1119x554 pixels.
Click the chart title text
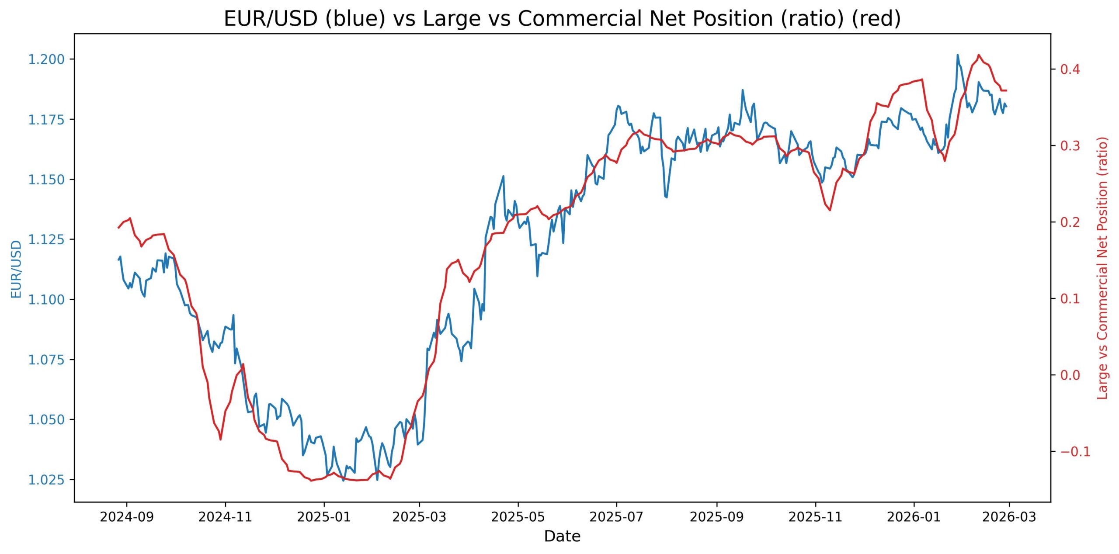(x=562, y=19)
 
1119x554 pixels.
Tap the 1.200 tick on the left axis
(x=46, y=59)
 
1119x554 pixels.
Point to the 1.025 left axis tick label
(x=46, y=480)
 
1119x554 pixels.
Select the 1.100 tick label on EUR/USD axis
(x=46, y=300)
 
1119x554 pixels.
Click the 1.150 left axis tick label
(x=46, y=180)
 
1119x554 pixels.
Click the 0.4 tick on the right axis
(x=1070, y=69)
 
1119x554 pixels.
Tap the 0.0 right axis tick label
(x=1070, y=375)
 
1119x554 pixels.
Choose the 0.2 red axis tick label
(x=1070, y=222)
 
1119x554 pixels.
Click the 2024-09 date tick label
(x=127, y=517)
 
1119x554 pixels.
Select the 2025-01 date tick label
(x=324, y=517)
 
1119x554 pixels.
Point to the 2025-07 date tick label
(x=616, y=517)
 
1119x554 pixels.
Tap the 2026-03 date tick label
(x=1009, y=517)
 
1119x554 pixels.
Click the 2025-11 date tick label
(x=815, y=517)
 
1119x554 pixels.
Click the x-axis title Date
(x=562, y=536)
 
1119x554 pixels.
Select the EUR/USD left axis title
(x=16, y=269)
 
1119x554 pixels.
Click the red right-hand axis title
(x=1102, y=268)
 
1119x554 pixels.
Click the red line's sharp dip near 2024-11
(x=220, y=440)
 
